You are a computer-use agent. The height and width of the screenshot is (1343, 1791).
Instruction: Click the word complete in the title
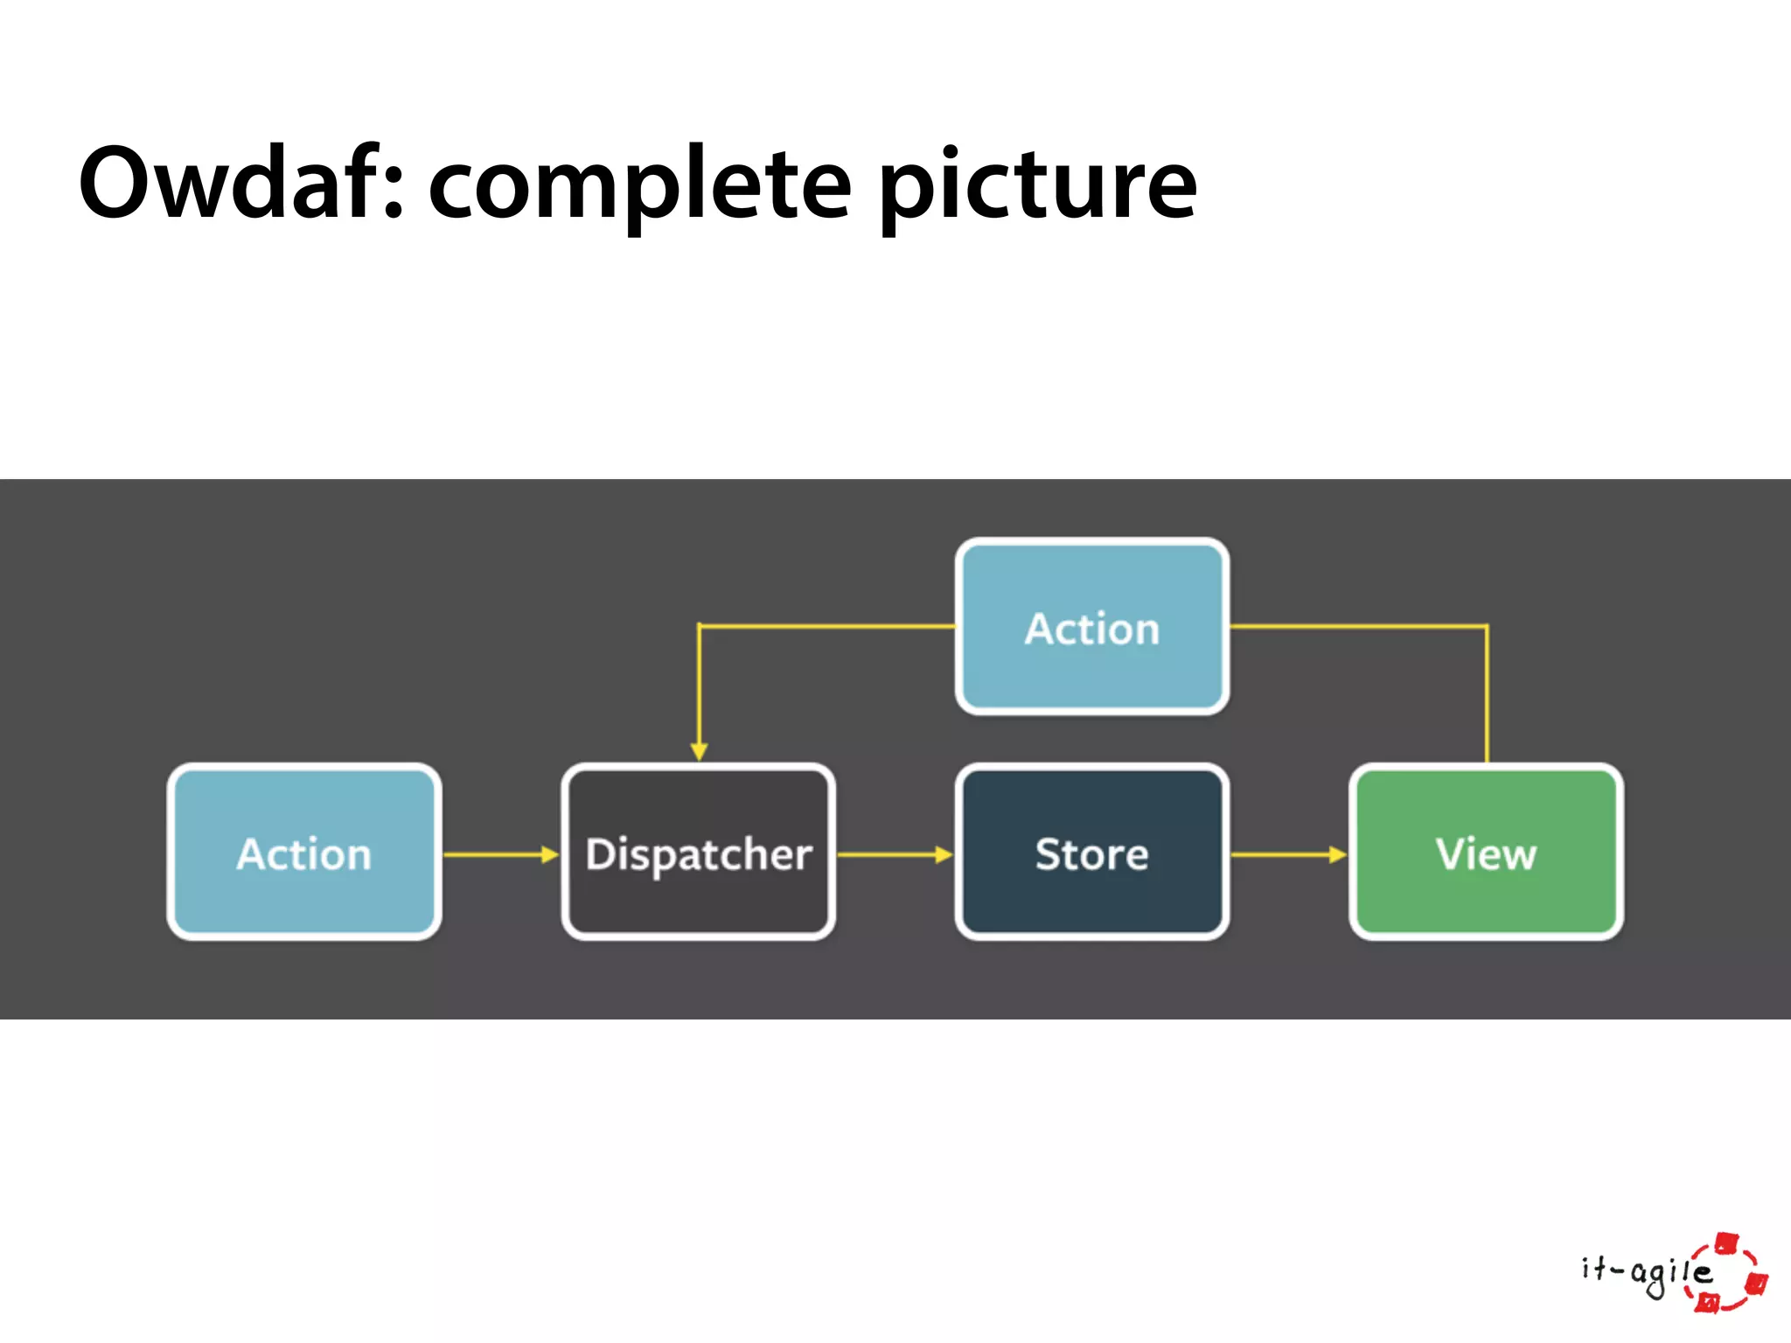[x=639, y=186]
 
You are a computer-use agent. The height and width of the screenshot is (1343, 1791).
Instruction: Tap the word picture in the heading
[x=1037, y=186]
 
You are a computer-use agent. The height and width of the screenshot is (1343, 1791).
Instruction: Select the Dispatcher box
[x=698, y=852]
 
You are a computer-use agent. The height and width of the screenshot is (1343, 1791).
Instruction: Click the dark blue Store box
[x=1091, y=852]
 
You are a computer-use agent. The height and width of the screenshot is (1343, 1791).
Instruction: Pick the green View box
[x=1486, y=852]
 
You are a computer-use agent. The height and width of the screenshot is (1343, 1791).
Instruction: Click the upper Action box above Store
[x=1091, y=627]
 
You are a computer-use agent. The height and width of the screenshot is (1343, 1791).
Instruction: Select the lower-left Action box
[x=303, y=852]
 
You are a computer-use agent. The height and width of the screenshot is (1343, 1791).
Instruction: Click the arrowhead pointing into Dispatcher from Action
[x=550, y=854]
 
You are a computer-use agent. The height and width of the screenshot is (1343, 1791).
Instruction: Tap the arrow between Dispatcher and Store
[x=892, y=854]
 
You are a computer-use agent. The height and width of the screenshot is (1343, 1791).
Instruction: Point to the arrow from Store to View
[x=1286, y=854]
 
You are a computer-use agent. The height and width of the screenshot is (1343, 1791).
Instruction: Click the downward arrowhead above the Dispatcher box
[x=699, y=751]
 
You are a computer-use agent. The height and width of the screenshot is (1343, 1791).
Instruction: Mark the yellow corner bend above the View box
[x=1486, y=626]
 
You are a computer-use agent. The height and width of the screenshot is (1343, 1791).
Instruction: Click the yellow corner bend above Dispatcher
[x=700, y=626]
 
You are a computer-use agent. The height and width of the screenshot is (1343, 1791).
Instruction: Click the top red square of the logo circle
[x=1726, y=1242]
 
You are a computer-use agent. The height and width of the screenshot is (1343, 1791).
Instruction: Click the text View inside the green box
[x=1486, y=854]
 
